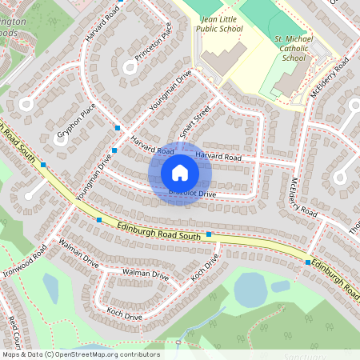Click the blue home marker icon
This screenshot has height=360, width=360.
click(x=180, y=173)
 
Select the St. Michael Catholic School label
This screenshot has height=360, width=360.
click(x=289, y=47)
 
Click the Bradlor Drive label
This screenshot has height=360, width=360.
click(x=192, y=194)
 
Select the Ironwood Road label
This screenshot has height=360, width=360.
click(x=25, y=258)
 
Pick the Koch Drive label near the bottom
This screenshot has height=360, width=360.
click(x=124, y=315)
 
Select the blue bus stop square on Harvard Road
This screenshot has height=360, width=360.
click(x=118, y=128)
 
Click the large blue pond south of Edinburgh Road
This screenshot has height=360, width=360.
click(x=250, y=290)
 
